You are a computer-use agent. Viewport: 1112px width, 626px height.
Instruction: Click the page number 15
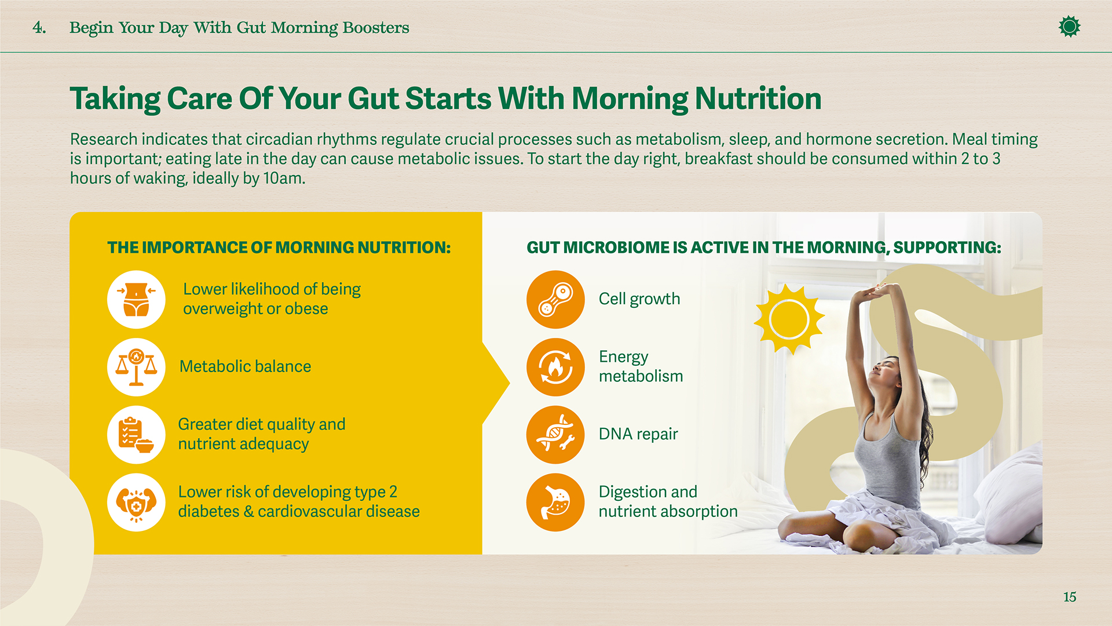pyautogui.click(x=1069, y=597)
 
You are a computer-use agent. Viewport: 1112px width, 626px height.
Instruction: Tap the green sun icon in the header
pyautogui.click(x=1069, y=27)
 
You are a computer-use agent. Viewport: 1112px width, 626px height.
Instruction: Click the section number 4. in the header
pyautogui.click(x=39, y=27)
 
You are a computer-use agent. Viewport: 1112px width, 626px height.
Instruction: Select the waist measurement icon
pyautogui.click(x=136, y=300)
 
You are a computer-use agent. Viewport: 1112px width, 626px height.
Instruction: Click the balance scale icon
pyautogui.click(x=136, y=367)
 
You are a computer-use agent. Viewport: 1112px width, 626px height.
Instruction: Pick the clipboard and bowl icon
pyautogui.click(x=136, y=435)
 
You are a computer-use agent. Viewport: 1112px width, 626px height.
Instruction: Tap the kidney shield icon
pyautogui.click(x=136, y=502)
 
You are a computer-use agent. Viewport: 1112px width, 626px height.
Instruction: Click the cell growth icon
pyautogui.click(x=555, y=300)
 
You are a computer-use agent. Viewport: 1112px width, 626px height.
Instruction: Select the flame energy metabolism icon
pyautogui.click(x=555, y=367)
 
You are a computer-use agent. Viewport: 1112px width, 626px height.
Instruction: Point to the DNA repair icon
pyautogui.click(x=555, y=435)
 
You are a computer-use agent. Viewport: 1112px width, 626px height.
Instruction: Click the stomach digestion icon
pyautogui.click(x=555, y=502)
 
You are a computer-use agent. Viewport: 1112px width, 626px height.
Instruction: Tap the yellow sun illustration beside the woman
pyautogui.click(x=789, y=319)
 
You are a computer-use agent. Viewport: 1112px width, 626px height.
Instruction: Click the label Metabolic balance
pyautogui.click(x=245, y=367)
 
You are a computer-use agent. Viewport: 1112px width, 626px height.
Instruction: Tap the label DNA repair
pyautogui.click(x=638, y=434)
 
